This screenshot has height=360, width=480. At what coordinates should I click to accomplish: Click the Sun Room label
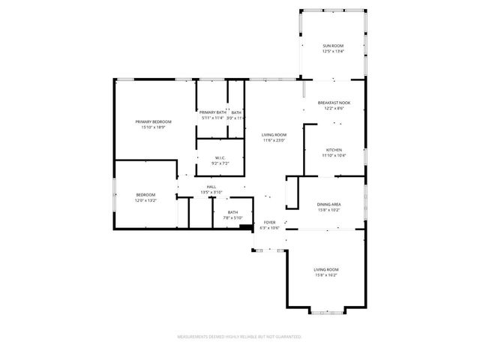(334, 46)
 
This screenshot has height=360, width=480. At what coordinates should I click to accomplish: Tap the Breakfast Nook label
(334, 103)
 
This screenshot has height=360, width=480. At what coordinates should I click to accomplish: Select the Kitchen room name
(334, 149)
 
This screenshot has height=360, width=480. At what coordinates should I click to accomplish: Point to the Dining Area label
(330, 204)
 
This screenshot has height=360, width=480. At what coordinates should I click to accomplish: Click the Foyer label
(270, 222)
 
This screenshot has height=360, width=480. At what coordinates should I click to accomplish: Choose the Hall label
(211, 187)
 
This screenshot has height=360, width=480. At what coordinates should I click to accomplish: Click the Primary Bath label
(212, 112)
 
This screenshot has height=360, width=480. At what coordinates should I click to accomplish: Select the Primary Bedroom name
(153, 121)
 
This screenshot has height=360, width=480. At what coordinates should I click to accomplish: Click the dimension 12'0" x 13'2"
(124, 200)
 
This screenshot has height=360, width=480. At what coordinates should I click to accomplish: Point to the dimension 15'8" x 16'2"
(326, 275)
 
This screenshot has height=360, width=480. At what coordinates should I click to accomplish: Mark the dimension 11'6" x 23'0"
(275, 140)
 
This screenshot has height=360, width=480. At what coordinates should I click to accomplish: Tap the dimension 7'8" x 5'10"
(233, 218)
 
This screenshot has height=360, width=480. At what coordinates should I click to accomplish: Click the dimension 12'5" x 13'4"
(334, 52)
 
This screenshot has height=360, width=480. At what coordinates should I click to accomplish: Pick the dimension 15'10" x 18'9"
(153, 127)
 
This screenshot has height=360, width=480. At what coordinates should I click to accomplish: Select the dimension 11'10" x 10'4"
(334, 155)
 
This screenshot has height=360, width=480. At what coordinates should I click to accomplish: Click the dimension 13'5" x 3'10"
(211, 193)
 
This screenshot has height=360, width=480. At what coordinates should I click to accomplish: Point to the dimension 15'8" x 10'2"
(330, 210)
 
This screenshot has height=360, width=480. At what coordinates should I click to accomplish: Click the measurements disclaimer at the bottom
(239, 337)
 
